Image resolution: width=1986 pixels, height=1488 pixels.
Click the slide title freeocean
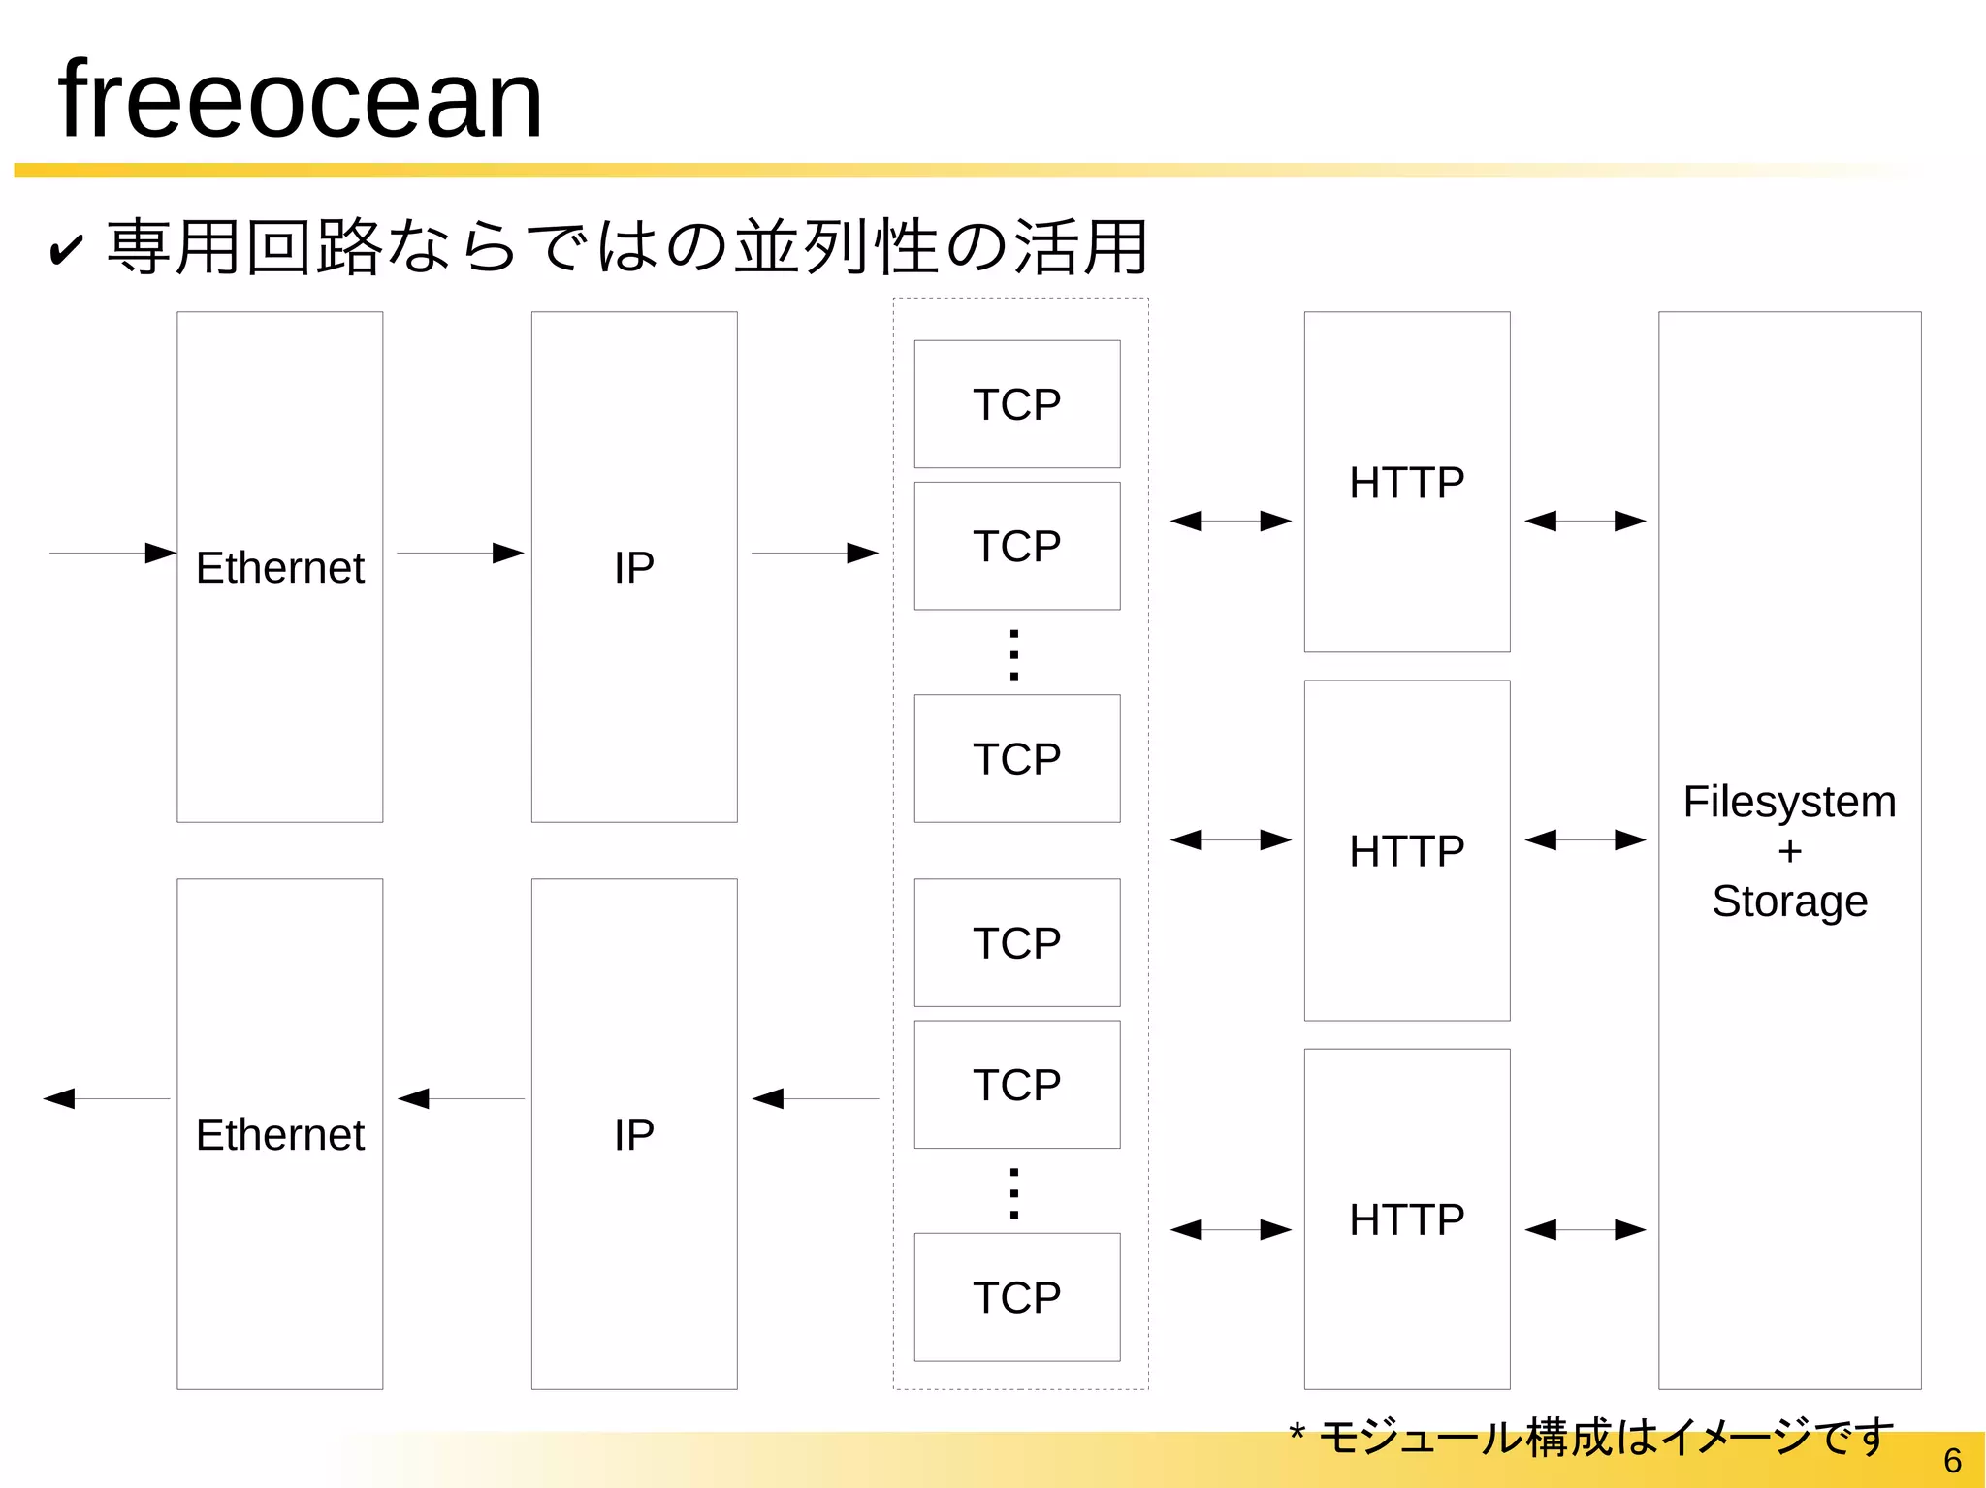[300, 100]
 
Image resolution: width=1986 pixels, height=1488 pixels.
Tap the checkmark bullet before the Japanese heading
[66, 250]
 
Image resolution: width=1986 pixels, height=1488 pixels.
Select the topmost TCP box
[1016, 404]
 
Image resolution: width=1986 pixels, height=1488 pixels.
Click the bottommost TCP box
[1016, 1297]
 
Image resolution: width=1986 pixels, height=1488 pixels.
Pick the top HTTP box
[1406, 482]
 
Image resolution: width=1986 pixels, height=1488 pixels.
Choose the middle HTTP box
[1406, 850]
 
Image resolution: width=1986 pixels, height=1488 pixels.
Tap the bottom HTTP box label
[1406, 1219]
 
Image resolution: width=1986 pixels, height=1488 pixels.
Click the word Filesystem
[1789, 802]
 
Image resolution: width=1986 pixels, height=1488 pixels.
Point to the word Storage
[1789, 902]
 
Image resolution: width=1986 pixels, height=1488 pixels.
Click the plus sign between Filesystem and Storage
[1790, 852]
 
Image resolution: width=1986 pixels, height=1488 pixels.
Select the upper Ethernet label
[280, 567]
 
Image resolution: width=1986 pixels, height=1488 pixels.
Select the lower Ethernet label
[280, 1134]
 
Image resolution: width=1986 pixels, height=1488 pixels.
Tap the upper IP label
[634, 567]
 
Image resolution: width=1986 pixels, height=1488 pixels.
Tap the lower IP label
[634, 1134]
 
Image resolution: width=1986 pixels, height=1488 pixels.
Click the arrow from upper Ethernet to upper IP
[460, 554]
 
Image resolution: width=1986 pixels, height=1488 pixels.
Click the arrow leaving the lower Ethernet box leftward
[107, 1098]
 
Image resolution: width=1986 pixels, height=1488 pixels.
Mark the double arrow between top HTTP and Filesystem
[1585, 522]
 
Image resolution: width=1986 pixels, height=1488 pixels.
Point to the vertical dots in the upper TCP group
[1014, 655]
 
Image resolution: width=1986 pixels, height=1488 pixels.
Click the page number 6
[1952, 1460]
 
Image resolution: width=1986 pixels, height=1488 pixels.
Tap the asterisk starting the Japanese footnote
[1297, 1431]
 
